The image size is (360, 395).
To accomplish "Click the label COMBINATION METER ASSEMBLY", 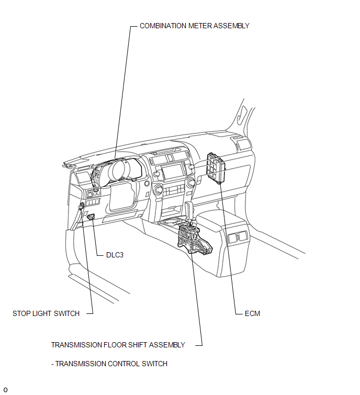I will pyautogui.click(x=194, y=26).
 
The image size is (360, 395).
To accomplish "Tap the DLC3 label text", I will pyautogui.click(x=115, y=255).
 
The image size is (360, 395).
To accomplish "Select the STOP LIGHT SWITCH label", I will pyautogui.click(x=46, y=313).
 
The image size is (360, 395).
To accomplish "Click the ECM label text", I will pyautogui.click(x=252, y=313).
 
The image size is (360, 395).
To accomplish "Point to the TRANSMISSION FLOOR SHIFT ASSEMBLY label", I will pyautogui.click(x=118, y=345).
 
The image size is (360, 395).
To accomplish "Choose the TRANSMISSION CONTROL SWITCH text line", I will pyautogui.click(x=111, y=364).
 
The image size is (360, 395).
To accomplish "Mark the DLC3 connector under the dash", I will pyautogui.click(x=91, y=217).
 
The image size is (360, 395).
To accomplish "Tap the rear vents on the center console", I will pyautogui.click(x=238, y=237).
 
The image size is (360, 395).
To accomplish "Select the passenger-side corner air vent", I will pyautogui.click(x=243, y=145).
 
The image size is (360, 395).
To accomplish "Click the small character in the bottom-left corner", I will pyautogui.click(x=5, y=390).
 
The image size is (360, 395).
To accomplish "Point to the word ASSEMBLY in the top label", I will pyautogui.click(x=231, y=26).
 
